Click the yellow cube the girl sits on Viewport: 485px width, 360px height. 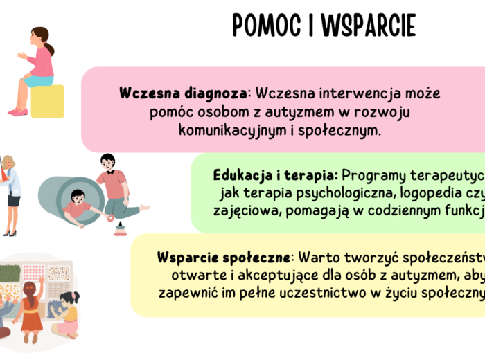coord(47,101)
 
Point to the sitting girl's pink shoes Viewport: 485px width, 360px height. coord(17,111)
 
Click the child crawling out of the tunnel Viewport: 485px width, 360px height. coord(78,204)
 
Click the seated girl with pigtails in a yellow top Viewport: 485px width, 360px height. coord(69,315)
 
